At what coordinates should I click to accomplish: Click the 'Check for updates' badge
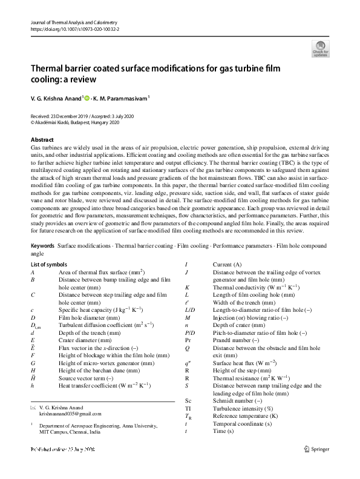pyautogui.click(x=320, y=48)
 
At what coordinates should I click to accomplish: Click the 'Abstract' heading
pyautogui.click(x=42, y=139)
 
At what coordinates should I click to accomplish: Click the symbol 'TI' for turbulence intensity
pyautogui.click(x=188, y=409)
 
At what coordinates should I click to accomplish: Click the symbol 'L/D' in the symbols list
pyautogui.click(x=190, y=310)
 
